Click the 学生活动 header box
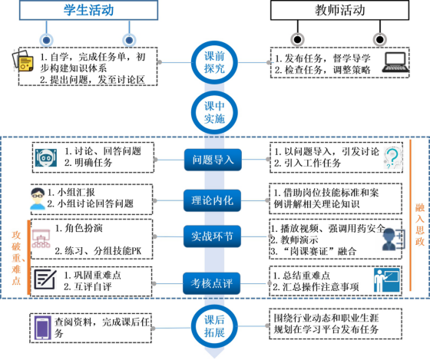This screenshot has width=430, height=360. coord(88,10)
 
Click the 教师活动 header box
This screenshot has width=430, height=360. coord(339,10)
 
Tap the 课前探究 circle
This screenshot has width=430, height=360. coord(214,62)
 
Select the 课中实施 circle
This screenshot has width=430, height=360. coord(214,112)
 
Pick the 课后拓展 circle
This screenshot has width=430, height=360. coord(214,326)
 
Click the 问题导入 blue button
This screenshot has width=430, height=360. coord(213,160)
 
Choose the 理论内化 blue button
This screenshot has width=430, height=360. coord(212,200)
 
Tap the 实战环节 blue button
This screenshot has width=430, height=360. coord(212,236)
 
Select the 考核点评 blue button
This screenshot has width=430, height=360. coord(212,283)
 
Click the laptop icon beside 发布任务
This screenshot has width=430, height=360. coord(395,63)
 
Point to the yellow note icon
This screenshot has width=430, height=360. coord(23,61)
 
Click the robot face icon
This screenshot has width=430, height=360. coord(46,157)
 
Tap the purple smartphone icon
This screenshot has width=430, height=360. coord(42,328)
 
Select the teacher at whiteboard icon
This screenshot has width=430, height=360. coord(387,280)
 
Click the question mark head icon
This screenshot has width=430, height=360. coord(392,158)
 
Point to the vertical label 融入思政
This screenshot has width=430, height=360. coord(420,224)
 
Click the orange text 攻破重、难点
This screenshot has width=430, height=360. coord(16,258)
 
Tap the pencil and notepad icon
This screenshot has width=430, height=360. coord(45,279)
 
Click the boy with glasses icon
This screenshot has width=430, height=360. coord(38,199)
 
